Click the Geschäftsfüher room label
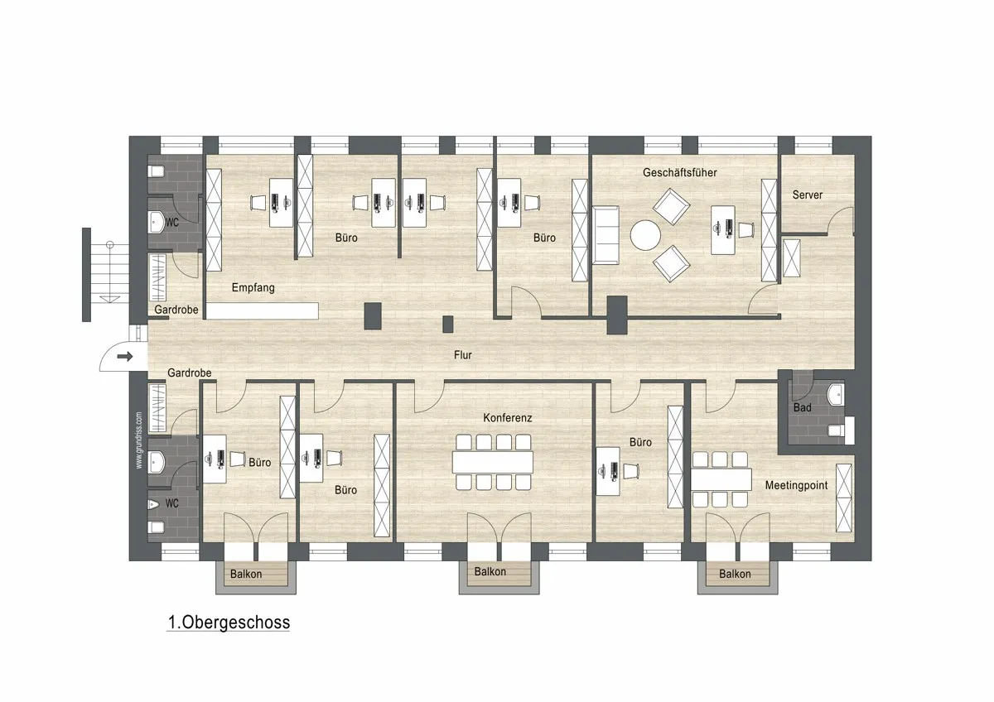[x=679, y=172]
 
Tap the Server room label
[x=807, y=195]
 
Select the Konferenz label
[x=507, y=418]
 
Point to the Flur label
[x=462, y=355]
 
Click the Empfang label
[x=253, y=288]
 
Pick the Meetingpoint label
[x=796, y=486]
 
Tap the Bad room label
[x=803, y=407]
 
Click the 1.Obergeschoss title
[x=229, y=623]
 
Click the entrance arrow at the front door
[x=125, y=356]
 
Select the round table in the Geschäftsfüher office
[x=645, y=235]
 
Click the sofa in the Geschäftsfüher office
[x=606, y=235]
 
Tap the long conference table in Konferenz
[x=493, y=462]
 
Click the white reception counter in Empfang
[x=263, y=311]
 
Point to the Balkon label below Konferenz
[x=490, y=572]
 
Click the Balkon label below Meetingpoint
[x=735, y=574]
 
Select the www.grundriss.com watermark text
[x=139, y=440]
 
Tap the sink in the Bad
[x=836, y=395]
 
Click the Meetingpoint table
[x=721, y=479]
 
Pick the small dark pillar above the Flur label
[x=448, y=325]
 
